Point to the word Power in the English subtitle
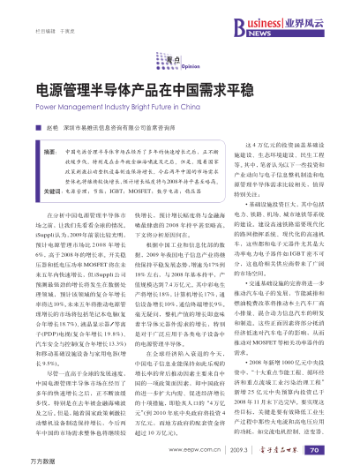[x=45, y=105]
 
